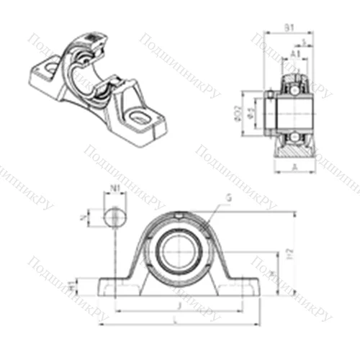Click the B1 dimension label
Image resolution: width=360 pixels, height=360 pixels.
click(x=288, y=29)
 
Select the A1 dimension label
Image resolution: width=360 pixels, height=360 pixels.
click(x=296, y=53)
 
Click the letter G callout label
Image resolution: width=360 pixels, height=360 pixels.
click(x=228, y=197)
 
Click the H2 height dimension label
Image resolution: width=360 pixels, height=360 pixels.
click(x=289, y=253)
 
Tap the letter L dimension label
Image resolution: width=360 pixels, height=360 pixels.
click(x=178, y=320)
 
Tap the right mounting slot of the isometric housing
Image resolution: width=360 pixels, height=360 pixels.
click(x=140, y=114)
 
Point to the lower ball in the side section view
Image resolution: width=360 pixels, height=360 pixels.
click(x=294, y=135)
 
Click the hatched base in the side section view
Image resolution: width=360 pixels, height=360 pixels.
click(x=294, y=151)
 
